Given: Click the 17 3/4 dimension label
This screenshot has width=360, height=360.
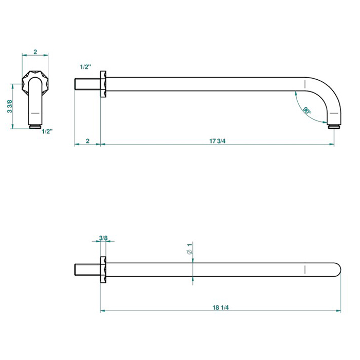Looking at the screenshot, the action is tap(217, 141).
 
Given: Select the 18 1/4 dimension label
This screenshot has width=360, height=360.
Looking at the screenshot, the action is tap(221, 307).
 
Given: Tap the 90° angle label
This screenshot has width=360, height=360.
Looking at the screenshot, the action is tap(307, 111).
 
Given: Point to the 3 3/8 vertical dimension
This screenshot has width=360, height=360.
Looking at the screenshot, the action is tap(10, 106).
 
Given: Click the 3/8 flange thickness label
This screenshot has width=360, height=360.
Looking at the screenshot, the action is tap(103, 238).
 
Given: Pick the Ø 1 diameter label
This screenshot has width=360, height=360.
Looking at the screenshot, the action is tap(190, 248).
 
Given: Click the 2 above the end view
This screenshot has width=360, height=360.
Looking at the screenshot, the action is tap(35, 52).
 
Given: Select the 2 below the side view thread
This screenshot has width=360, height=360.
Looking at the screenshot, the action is tap(88, 141).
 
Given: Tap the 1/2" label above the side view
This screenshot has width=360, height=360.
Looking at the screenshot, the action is tap(85, 67).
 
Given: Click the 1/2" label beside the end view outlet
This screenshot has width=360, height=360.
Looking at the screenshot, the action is tap(47, 131).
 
